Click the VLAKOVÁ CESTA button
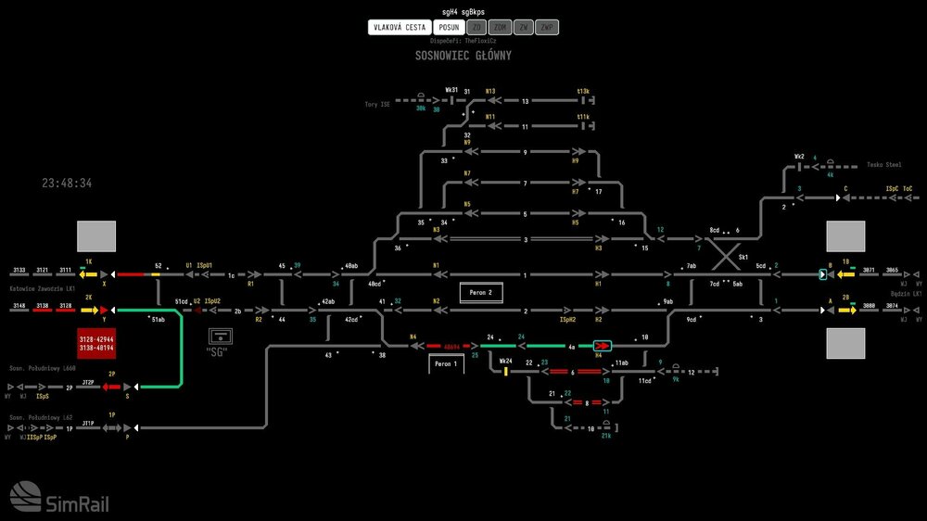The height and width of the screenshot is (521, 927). pos(400,27)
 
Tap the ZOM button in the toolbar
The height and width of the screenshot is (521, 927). pos(501,27)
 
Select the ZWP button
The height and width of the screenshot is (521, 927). pos(548,27)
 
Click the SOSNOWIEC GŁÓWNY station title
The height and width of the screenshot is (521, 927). pos(463,56)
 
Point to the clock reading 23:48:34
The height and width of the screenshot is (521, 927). pos(67,184)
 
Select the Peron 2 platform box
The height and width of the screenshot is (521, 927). pos(481,293)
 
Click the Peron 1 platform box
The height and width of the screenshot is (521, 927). pos(446,364)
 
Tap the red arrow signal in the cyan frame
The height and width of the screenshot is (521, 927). pos(603,346)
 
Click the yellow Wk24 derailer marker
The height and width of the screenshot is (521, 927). pos(506,372)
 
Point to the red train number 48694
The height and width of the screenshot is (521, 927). pos(451,346)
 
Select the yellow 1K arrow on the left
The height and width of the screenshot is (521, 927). pos(89,274)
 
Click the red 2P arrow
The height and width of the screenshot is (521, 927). pos(112,385)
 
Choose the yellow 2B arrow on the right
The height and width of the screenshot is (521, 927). pos(846,310)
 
